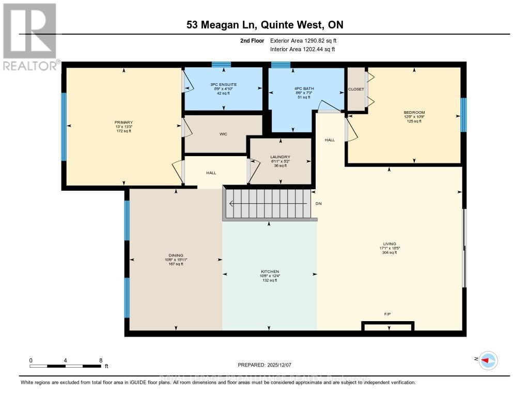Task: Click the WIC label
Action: (x=223, y=134)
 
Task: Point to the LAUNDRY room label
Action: (x=280, y=157)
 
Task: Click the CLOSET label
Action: (x=356, y=89)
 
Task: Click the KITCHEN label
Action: (x=270, y=271)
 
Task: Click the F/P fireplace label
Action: (x=387, y=313)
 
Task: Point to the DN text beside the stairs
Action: (x=319, y=204)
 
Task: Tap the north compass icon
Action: (x=487, y=360)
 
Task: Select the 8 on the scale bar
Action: (x=101, y=360)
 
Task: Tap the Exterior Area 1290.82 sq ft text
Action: (x=304, y=40)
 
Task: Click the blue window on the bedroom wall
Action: (x=463, y=115)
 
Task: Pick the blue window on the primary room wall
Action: (x=64, y=127)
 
